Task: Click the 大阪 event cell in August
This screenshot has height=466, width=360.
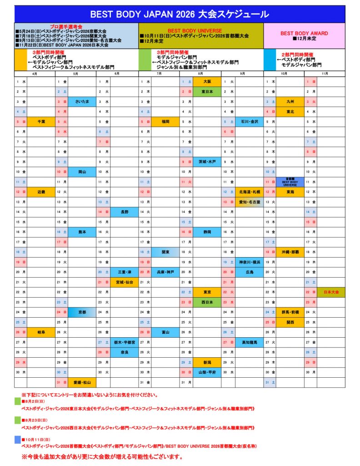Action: pyautogui.click(x=207, y=81)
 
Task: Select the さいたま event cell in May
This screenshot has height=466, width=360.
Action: pyautogui.click(x=82, y=101)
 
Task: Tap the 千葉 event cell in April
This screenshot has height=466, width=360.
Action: pyautogui.click(x=41, y=122)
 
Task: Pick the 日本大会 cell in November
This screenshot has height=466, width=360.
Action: pyautogui.click(x=331, y=292)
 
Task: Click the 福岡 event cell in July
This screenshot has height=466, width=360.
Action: pyautogui.click(x=165, y=122)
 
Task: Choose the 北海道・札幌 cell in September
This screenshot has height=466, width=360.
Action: pyautogui.click(x=249, y=192)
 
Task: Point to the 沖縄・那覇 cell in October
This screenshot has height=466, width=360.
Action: pyautogui.click(x=290, y=252)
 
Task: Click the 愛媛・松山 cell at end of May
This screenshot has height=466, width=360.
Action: pyautogui.click(x=82, y=382)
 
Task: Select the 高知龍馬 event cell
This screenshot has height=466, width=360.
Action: pyautogui.click(x=249, y=342)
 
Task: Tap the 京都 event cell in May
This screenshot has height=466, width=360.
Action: pyautogui.click(x=82, y=312)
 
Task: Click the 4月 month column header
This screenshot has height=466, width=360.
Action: pyautogui.click(x=35, y=73)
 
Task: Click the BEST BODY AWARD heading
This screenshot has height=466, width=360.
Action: pyautogui.click(x=304, y=33)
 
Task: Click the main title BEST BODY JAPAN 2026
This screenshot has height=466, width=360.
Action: pyautogui.click(x=180, y=14)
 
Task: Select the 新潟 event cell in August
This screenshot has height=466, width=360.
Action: pyautogui.click(x=207, y=362)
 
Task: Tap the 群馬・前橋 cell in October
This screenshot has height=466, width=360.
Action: pyautogui.click(x=290, y=312)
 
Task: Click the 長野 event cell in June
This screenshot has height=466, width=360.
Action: pyautogui.click(x=124, y=212)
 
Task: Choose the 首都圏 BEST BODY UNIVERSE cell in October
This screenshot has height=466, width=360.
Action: pyautogui.click(x=290, y=182)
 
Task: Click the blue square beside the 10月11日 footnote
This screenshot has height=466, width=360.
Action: pyautogui.click(x=18, y=440)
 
